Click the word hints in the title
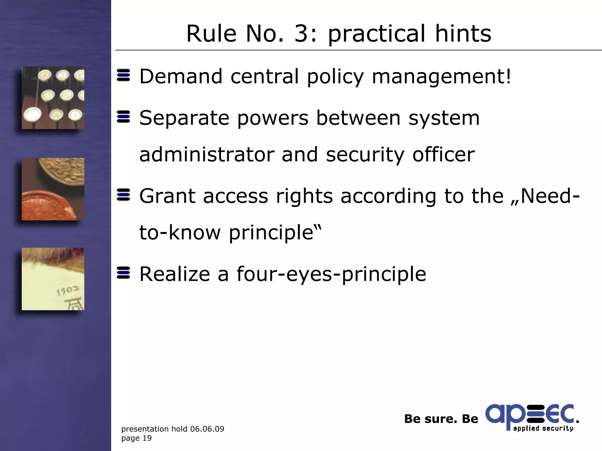coord(463,33)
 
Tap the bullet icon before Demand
coord(123,75)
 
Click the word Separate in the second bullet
coord(184,118)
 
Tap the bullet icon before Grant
coord(123,195)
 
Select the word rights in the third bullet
coord(304,196)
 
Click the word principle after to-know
coord(275,233)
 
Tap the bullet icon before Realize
coord(123,273)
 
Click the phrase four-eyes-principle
coord(331,274)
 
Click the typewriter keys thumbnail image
coord(53,98)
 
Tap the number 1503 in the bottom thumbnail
coord(67,291)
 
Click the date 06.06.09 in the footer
coord(207,429)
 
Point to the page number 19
coord(147,438)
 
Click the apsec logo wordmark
coord(529,415)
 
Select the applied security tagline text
coord(543,428)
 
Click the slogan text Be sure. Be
coord(441,419)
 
